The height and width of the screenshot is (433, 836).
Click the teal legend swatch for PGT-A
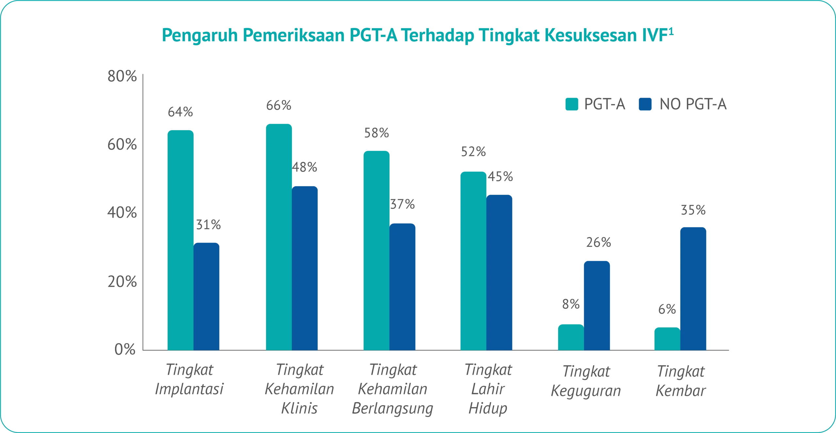click(572, 104)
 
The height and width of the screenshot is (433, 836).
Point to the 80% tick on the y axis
click(121, 79)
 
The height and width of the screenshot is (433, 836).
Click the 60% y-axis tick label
click(121, 146)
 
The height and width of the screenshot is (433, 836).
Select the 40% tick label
click(121, 214)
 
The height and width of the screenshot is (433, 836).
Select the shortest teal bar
click(667, 339)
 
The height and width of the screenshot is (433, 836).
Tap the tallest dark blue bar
click(305, 268)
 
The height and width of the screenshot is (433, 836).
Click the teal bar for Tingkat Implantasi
click(180, 240)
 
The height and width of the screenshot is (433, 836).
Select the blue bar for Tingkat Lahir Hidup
click(499, 272)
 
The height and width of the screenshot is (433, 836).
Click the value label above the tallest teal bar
click(279, 106)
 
